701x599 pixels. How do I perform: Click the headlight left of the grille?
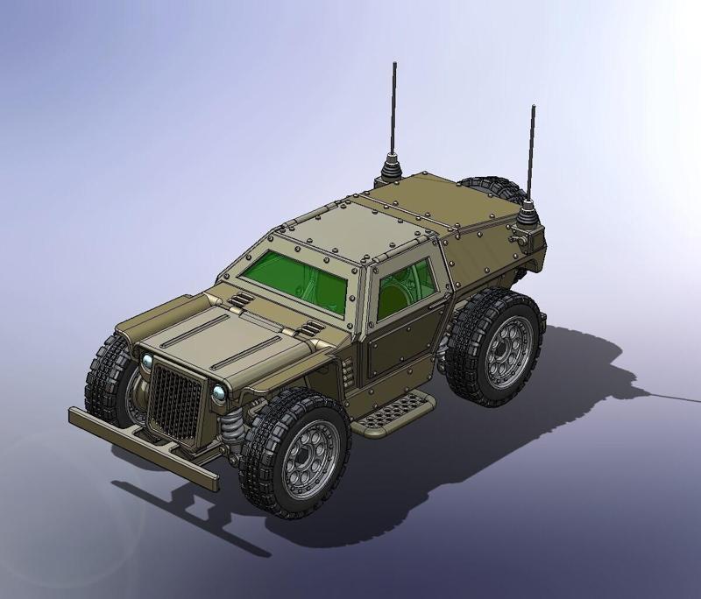click(144, 361)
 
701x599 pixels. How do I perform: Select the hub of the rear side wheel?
click(506, 345)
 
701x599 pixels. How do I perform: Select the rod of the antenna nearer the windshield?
click(394, 105)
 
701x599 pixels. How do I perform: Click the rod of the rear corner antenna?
click(531, 149)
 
